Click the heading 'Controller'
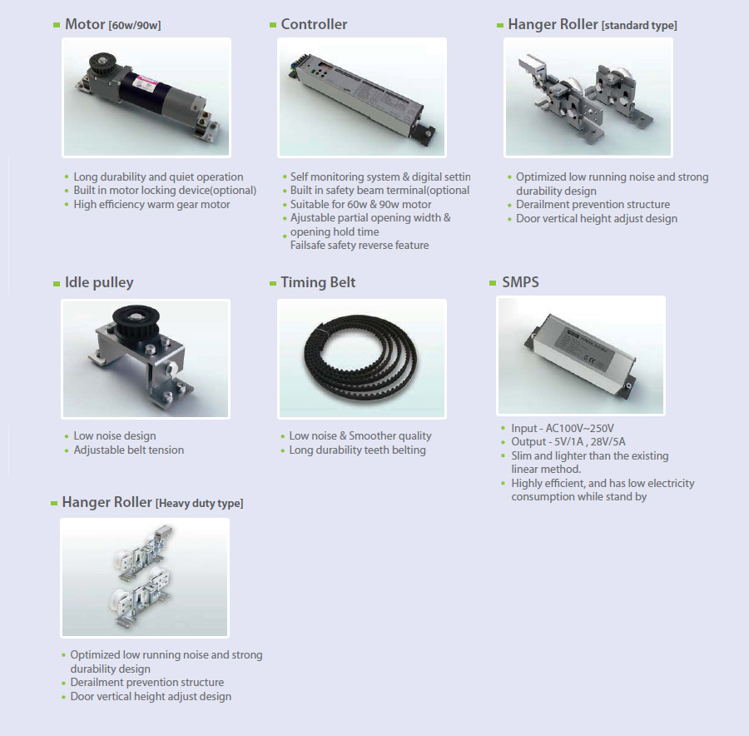314,24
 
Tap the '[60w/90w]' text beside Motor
135,25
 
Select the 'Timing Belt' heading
318,282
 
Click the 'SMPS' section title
520,282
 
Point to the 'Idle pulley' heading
99,282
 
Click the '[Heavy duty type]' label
199,503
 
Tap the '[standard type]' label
639,25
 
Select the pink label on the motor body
146,83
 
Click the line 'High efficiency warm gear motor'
151,205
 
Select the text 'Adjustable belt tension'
128,450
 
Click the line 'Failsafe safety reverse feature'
360,245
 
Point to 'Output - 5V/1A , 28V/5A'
568,441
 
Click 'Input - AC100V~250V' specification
563,428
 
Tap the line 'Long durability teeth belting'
357,450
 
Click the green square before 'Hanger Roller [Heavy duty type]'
54,503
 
